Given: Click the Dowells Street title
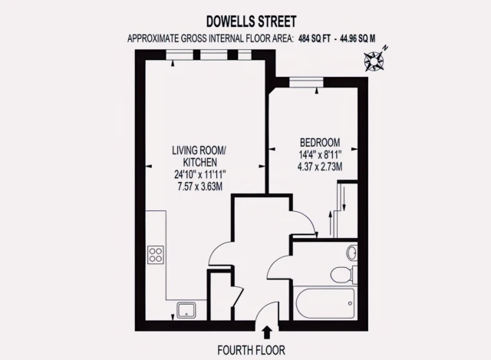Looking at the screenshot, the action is (x=251, y=21).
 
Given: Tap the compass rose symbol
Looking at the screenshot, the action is (x=374, y=60).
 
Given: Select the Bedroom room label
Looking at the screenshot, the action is (x=320, y=143).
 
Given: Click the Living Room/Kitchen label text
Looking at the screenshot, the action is (x=199, y=157).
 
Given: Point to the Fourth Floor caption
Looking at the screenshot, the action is (x=251, y=350).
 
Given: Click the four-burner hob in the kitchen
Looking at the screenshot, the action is (x=156, y=254).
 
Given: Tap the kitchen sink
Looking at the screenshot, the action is (x=186, y=311).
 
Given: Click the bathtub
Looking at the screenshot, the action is (x=325, y=303).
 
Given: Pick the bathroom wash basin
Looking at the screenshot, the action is (x=352, y=253).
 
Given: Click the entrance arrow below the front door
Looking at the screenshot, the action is (x=267, y=332).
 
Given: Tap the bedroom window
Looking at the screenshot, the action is (x=306, y=82).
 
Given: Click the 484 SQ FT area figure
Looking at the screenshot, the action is (x=315, y=38).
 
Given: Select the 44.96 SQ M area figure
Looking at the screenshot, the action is (x=358, y=38).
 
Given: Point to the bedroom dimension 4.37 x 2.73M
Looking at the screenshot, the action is (x=320, y=167).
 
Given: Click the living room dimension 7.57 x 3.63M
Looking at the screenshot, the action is (x=199, y=187).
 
